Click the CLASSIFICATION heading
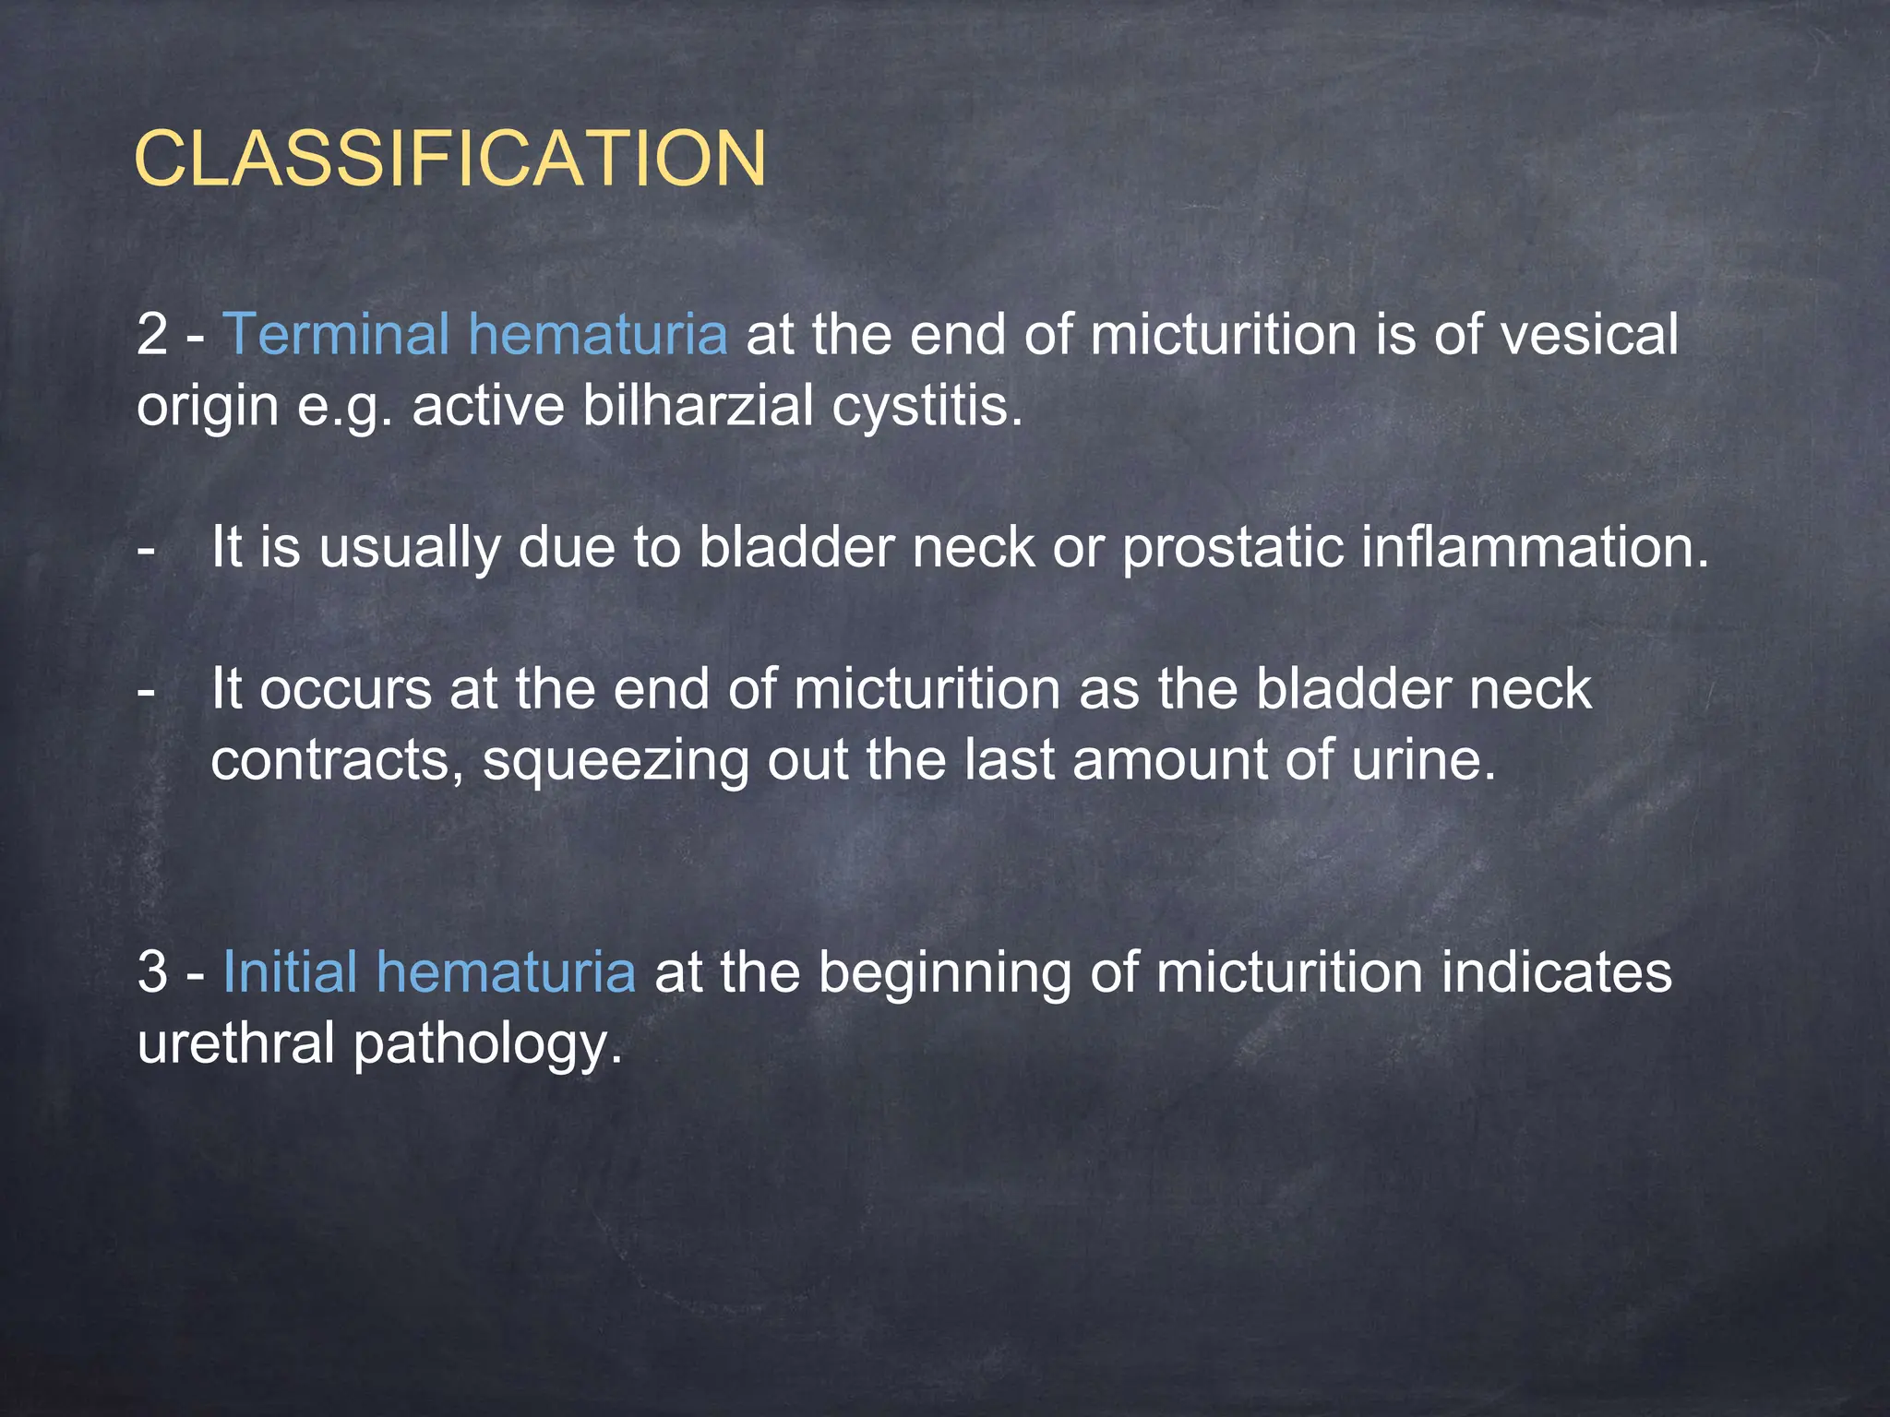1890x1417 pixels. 450,159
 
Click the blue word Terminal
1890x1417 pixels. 337,334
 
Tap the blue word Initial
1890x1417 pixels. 290,972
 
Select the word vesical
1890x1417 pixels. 1589,334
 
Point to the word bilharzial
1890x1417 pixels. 698,406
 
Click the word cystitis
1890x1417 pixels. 927,406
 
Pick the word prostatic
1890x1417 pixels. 1232,548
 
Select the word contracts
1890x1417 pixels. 337,762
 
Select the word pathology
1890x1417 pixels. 487,1046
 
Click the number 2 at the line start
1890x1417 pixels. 152,335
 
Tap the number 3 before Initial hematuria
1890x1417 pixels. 152,973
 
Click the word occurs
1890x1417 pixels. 345,690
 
